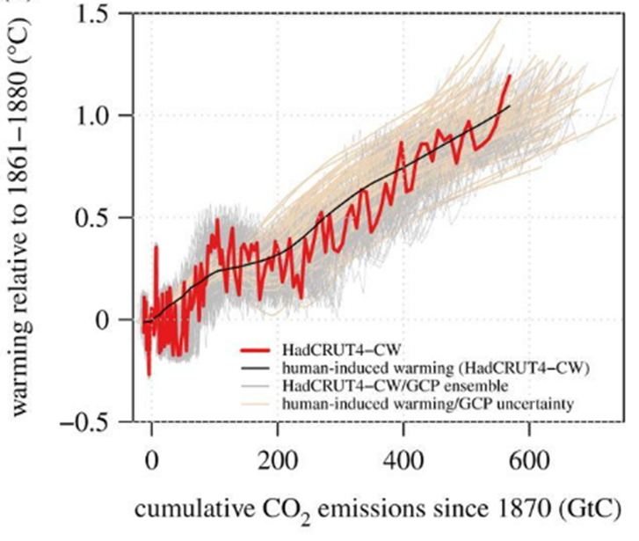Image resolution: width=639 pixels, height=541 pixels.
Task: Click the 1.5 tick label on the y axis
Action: coord(94,14)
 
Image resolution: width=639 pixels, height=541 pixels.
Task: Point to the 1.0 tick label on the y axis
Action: coord(94,116)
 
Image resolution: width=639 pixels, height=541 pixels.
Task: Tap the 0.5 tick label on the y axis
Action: coord(94,218)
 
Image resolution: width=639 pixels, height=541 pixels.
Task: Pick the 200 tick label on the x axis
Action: coord(279,458)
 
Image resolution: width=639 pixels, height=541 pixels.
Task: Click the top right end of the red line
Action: coord(509,76)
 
